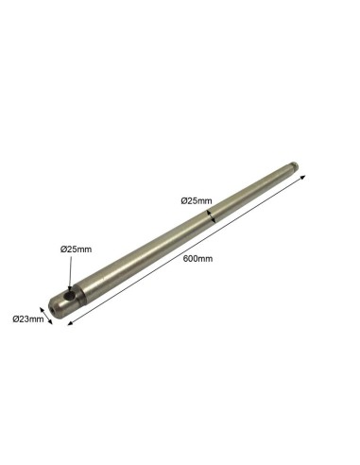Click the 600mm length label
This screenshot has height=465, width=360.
[197, 259]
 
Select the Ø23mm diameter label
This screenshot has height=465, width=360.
[28, 319]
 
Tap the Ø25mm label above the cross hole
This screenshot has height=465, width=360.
[76, 250]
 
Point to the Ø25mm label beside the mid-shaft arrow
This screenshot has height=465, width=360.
[197, 200]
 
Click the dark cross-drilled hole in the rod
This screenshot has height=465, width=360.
[69, 296]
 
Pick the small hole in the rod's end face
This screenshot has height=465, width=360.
[51, 310]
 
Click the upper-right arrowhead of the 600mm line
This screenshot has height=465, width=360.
[303, 177]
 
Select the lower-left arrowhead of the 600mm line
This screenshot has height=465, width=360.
[71, 322]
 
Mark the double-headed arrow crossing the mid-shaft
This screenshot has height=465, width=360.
[211, 216]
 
